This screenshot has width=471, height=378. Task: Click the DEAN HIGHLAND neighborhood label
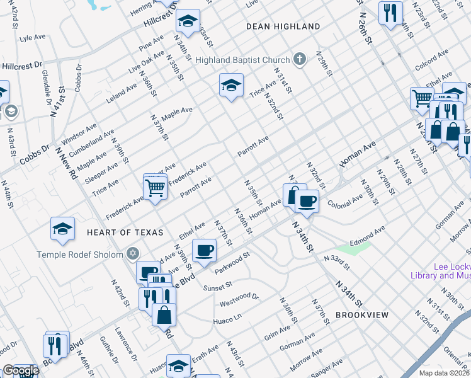pos(283,26)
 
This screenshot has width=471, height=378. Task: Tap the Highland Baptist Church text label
pos(242,60)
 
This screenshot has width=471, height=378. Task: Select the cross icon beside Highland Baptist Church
pos(299,60)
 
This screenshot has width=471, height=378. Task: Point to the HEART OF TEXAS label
pos(120,232)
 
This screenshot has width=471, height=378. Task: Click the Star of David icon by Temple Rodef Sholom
pos(132,254)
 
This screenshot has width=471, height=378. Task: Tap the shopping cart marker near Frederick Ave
pos(155,186)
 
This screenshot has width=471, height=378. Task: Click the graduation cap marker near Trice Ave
pos(231,85)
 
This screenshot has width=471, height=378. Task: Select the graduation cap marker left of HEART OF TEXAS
pos(63,229)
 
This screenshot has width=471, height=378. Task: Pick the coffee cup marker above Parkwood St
pos(204,251)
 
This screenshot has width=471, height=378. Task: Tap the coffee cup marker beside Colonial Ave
pos(307,201)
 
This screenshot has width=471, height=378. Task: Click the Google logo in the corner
pos(20,370)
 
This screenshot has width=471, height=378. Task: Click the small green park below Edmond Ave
pos(356,248)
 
